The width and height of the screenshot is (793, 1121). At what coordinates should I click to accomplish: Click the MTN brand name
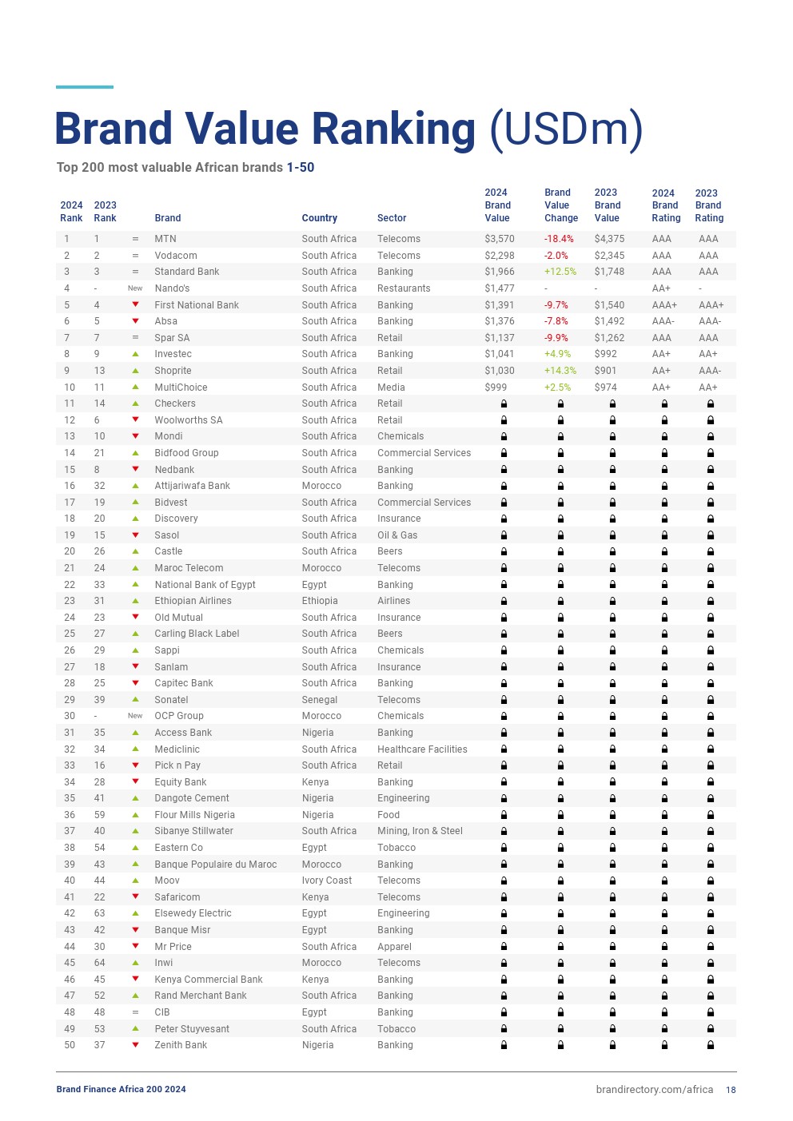pos(165,239)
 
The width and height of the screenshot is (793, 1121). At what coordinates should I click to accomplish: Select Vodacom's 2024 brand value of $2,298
pos(500,256)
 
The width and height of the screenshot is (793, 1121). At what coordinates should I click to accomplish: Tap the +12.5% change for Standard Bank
pos(560,272)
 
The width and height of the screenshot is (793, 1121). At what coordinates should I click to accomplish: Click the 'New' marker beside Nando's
pos(135,288)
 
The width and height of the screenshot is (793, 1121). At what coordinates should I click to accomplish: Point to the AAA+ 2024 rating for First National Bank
pos(664,305)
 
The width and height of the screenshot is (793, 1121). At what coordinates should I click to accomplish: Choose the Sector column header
pos(392,218)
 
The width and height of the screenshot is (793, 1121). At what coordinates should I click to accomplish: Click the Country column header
pos(320,218)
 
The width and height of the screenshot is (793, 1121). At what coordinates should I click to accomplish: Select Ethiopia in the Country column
pos(320,601)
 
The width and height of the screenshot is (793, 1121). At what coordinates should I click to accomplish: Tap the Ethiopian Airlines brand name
pos(193,601)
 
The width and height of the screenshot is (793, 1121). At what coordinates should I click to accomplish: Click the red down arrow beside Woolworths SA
pos(135,419)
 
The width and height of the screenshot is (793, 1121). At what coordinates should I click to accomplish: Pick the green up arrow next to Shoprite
pos(135,371)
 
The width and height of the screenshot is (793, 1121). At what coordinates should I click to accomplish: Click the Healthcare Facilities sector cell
pos(422,749)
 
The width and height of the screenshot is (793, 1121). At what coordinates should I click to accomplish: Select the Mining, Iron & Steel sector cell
pos(420,831)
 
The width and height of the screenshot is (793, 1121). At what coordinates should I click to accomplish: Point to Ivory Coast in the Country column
pos(327,881)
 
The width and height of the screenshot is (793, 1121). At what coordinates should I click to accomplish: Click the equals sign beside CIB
pos(135,1012)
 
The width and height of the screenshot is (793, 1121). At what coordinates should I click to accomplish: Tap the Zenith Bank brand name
pos(181,1045)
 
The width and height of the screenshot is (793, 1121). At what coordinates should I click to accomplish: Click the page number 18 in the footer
pos(731,1090)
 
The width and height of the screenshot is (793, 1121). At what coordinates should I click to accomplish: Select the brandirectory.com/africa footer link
pos(654,1090)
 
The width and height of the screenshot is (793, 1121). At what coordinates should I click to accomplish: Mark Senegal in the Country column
pos(320,700)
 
